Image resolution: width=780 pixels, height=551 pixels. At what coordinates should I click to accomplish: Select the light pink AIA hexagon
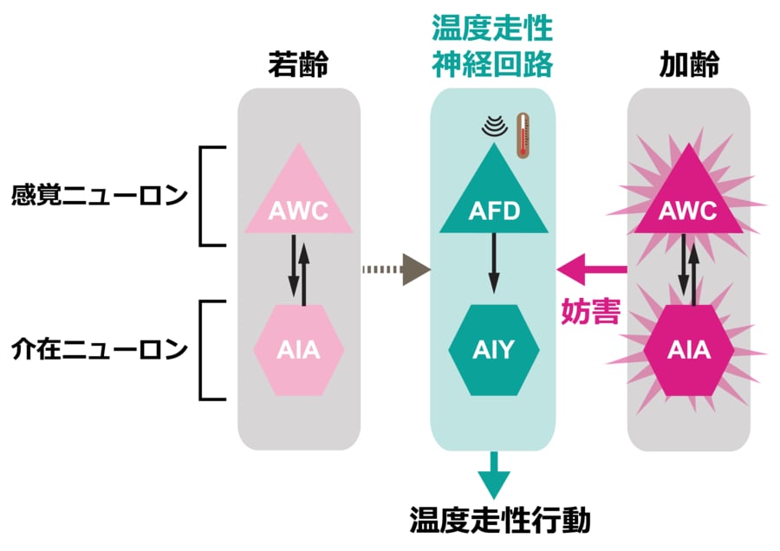[299, 350]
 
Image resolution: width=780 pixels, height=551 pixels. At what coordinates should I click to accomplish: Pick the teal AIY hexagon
[494, 350]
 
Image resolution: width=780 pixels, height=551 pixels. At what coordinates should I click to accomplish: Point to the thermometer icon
[523, 135]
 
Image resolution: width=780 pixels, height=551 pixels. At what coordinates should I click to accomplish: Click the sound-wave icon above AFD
[494, 128]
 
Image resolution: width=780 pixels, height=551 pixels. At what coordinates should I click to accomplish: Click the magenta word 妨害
[591, 311]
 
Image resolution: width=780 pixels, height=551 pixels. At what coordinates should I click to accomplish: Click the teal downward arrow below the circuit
[493, 475]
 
